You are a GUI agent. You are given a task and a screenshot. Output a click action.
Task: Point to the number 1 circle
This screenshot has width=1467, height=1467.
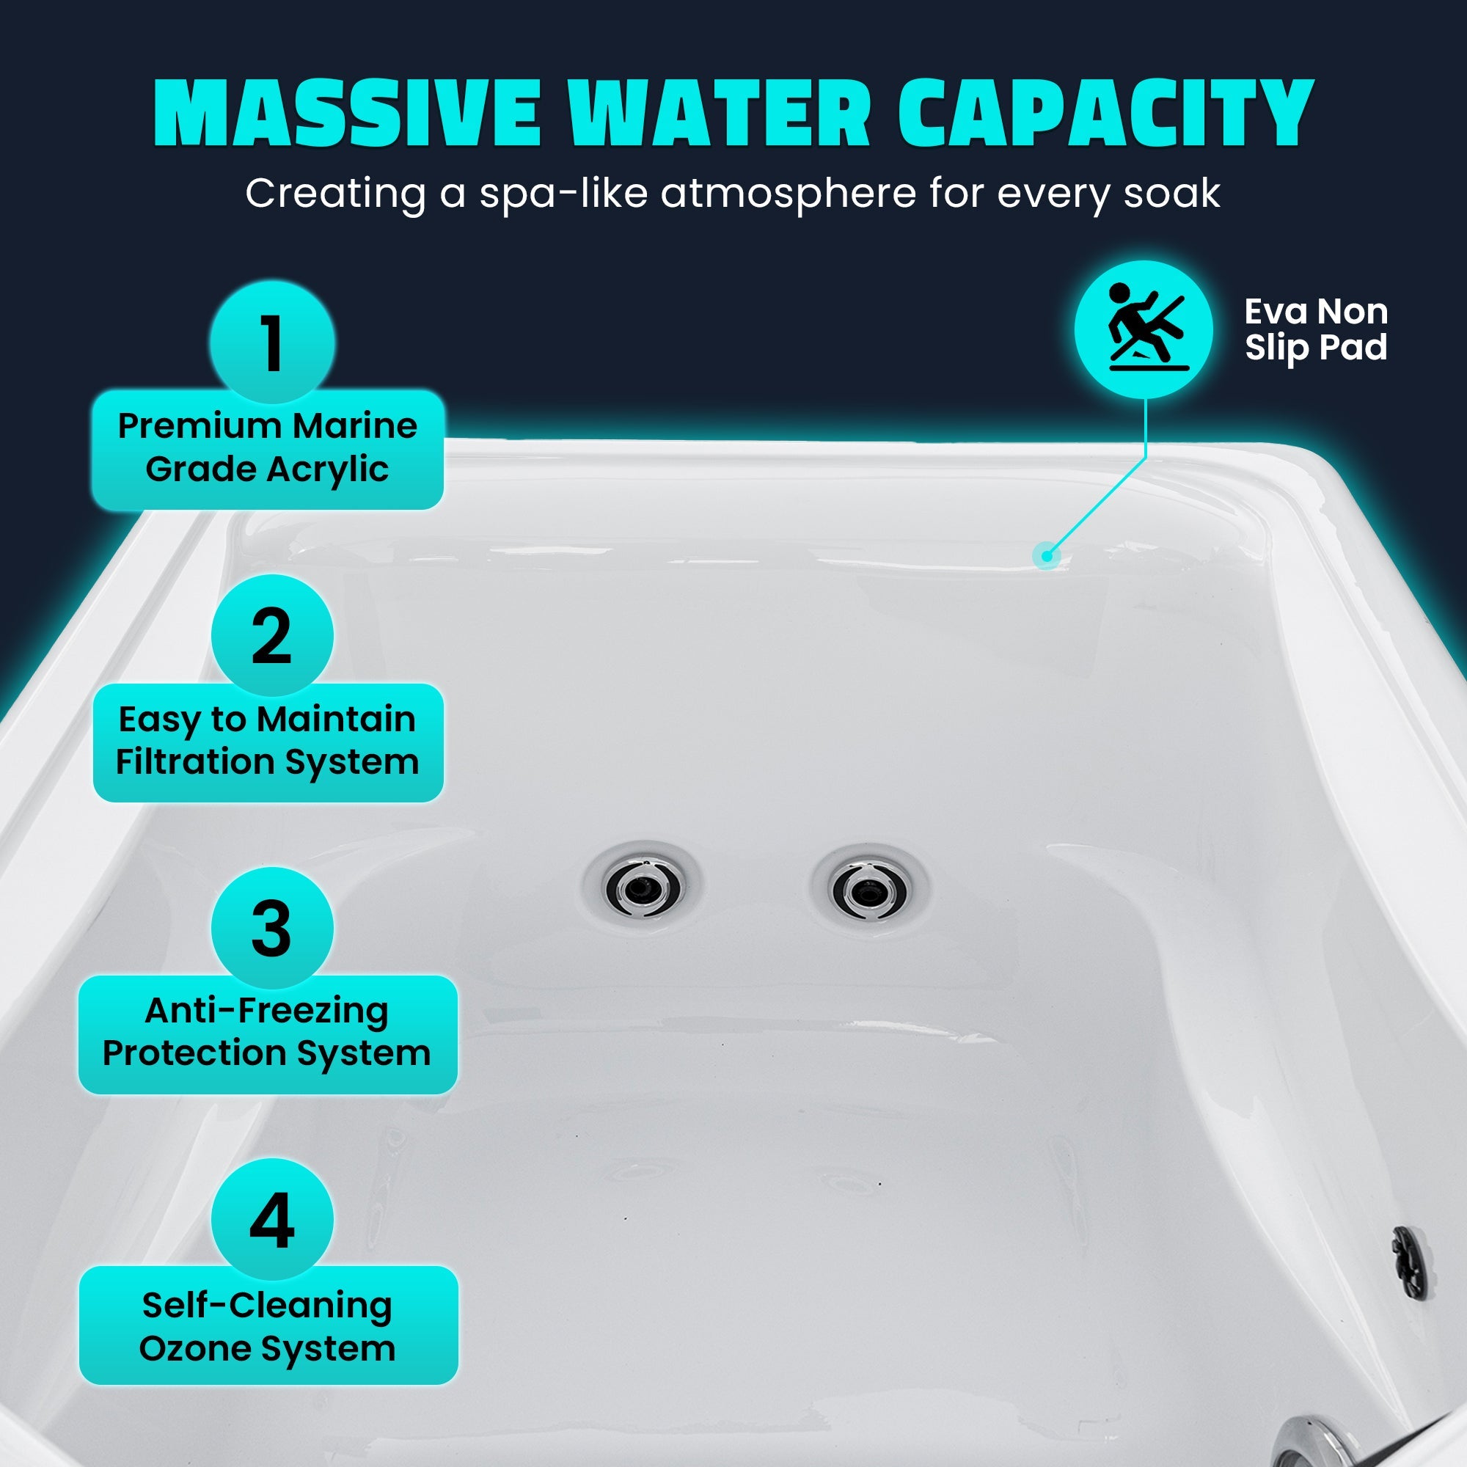(x=272, y=343)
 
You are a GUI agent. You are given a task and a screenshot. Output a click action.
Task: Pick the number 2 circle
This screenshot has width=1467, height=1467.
(x=272, y=636)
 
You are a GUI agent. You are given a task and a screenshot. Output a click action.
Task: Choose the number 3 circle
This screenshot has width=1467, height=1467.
(x=272, y=928)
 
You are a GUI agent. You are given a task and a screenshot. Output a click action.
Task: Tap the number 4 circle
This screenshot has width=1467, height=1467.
(x=272, y=1220)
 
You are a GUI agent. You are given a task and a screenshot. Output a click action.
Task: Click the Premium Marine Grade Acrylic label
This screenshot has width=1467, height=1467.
(x=267, y=449)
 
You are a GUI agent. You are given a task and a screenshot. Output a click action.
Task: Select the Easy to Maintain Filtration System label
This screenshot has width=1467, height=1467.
(x=267, y=742)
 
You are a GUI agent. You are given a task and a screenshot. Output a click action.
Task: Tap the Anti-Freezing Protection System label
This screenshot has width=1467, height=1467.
(x=267, y=1034)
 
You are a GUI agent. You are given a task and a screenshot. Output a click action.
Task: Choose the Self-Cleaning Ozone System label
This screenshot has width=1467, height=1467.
(x=268, y=1326)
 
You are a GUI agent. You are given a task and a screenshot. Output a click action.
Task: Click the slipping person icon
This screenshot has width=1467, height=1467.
(x=1144, y=329)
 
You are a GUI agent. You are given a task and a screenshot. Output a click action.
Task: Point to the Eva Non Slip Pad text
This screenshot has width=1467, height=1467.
(x=1316, y=329)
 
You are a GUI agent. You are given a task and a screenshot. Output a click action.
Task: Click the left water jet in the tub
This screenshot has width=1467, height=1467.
(x=642, y=886)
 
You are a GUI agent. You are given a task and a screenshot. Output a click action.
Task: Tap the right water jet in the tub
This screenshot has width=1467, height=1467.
(x=868, y=889)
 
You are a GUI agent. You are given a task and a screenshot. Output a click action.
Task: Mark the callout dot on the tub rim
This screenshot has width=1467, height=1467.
(x=1047, y=557)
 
